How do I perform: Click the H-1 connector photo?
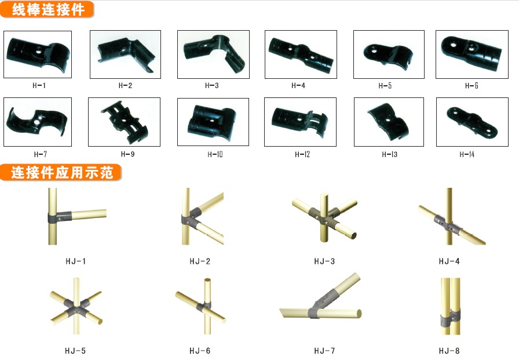(x=38, y=54)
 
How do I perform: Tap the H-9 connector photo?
(x=124, y=122)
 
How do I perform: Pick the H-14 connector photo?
(x=472, y=122)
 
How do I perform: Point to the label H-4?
(x=298, y=85)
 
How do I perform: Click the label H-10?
(x=215, y=154)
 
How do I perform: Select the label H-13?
(x=390, y=154)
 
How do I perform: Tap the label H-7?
(x=41, y=154)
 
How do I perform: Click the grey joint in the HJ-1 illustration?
(x=60, y=217)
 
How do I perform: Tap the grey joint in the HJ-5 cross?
(x=76, y=307)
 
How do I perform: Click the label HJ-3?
(x=324, y=261)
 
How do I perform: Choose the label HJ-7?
(x=324, y=351)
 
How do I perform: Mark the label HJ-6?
(x=200, y=351)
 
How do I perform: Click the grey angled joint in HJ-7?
(x=323, y=303)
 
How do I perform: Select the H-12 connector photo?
(x=300, y=122)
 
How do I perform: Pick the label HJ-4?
(x=449, y=261)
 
